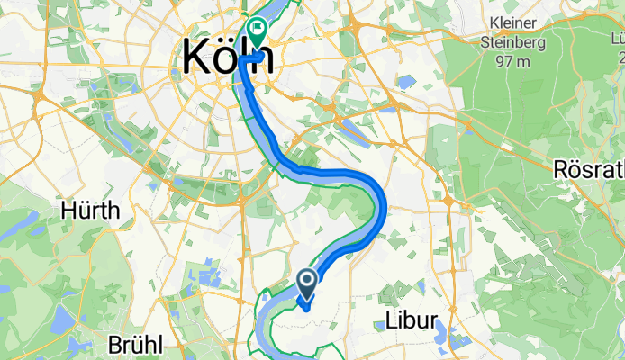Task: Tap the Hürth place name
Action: (x=90, y=211)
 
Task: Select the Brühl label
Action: (x=135, y=345)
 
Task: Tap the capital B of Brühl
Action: (x=114, y=345)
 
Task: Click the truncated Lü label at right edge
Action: (x=618, y=40)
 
